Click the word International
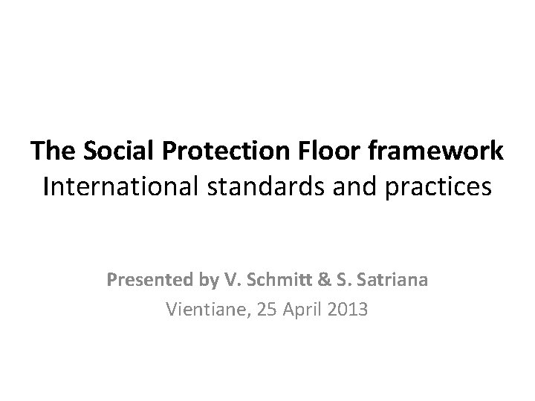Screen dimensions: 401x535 click(120, 186)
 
